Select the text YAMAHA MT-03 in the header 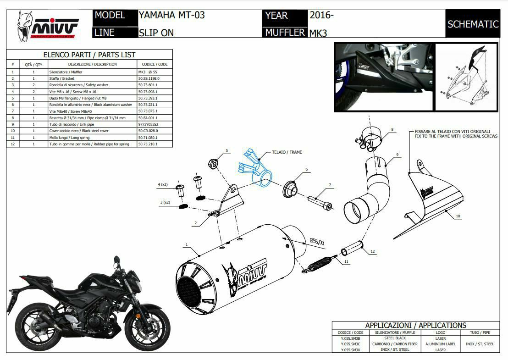point(171,15)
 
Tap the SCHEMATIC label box point(472,24)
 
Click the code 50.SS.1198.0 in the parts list point(149,78)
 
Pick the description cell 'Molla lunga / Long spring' point(69,138)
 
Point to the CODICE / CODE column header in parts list point(155,64)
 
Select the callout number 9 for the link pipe point(397,154)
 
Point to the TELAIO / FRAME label point(287,152)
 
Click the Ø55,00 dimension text point(317,241)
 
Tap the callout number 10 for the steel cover point(458,216)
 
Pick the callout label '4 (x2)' point(163,184)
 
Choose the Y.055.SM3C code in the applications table point(351,344)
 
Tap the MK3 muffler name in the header point(318,33)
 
